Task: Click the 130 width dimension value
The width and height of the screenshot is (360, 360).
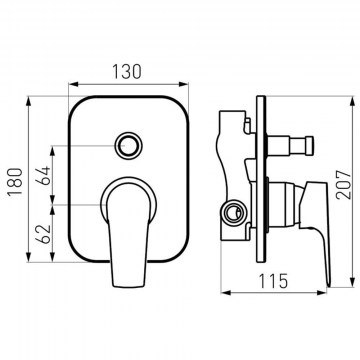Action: [127, 71]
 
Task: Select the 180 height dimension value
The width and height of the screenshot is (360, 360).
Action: [16, 182]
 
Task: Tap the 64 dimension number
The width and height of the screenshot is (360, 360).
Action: [44, 175]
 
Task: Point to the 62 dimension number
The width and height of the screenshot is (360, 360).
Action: [44, 234]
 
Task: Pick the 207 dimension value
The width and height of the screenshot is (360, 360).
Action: [344, 185]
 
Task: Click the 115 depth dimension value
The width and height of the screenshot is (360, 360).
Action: [273, 281]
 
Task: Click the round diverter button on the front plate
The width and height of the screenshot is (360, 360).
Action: [128, 146]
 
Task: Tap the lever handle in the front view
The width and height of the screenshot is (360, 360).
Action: [129, 233]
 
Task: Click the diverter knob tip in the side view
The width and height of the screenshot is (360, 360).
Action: [310, 146]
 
